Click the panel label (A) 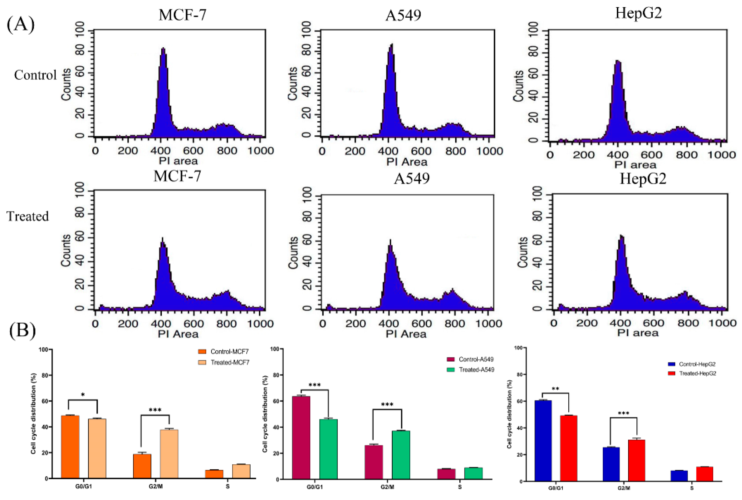tap(21, 25)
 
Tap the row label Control tap(35, 75)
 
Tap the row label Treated tap(28, 217)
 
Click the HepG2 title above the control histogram tap(638, 13)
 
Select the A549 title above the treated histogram tap(411, 179)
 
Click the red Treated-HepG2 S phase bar tap(705, 474)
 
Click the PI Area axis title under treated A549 tap(406, 334)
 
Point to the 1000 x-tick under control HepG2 tap(721, 155)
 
